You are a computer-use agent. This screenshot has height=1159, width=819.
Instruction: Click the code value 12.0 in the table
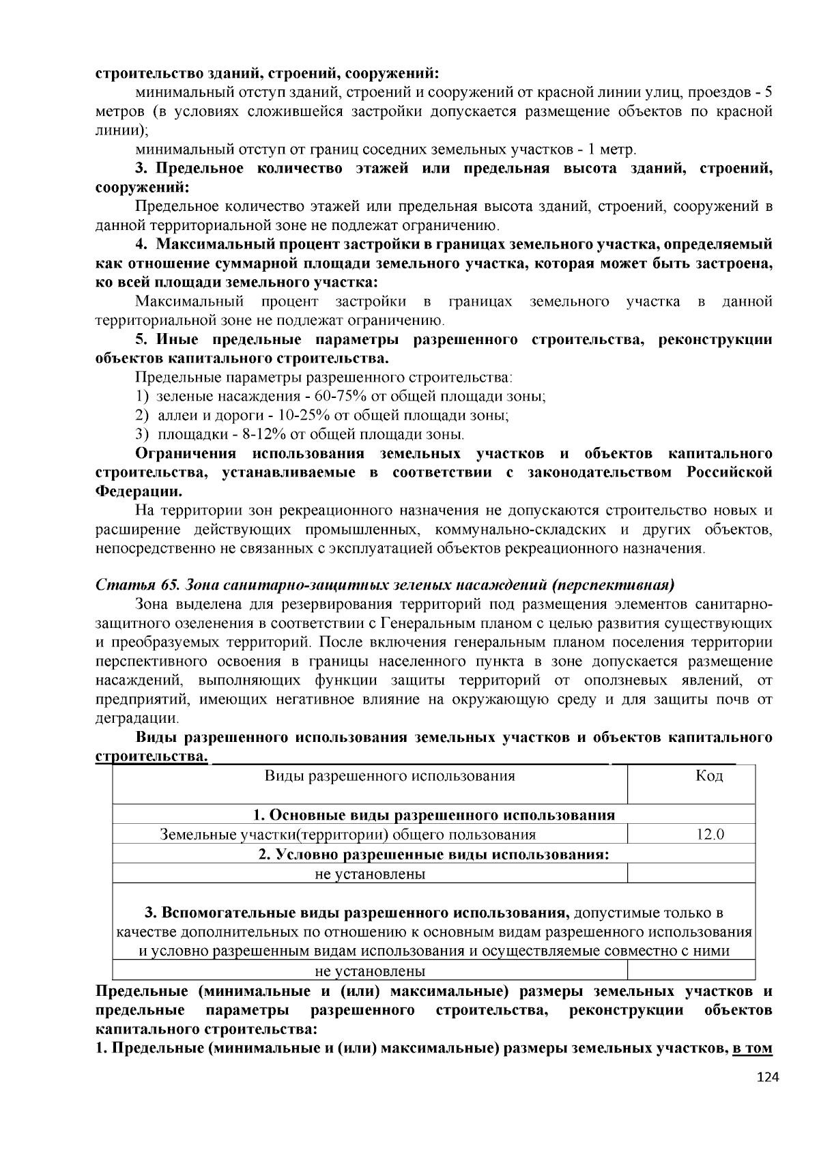click(710, 834)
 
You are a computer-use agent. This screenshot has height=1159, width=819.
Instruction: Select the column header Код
click(709, 775)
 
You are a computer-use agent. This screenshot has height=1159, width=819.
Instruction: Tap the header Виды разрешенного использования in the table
click(389, 775)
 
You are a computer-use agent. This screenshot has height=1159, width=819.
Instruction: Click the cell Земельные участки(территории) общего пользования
click(347, 834)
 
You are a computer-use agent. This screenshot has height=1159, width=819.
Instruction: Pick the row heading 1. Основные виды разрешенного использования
click(433, 814)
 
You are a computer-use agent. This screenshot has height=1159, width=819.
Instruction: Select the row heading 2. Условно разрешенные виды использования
click(433, 854)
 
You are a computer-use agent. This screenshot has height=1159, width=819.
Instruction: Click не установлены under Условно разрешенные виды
click(369, 874)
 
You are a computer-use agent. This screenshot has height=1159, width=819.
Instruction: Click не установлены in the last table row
click(369, 971)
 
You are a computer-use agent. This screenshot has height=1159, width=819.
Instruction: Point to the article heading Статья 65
click(136, 585)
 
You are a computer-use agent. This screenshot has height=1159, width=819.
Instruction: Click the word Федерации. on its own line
click(138, 491)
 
